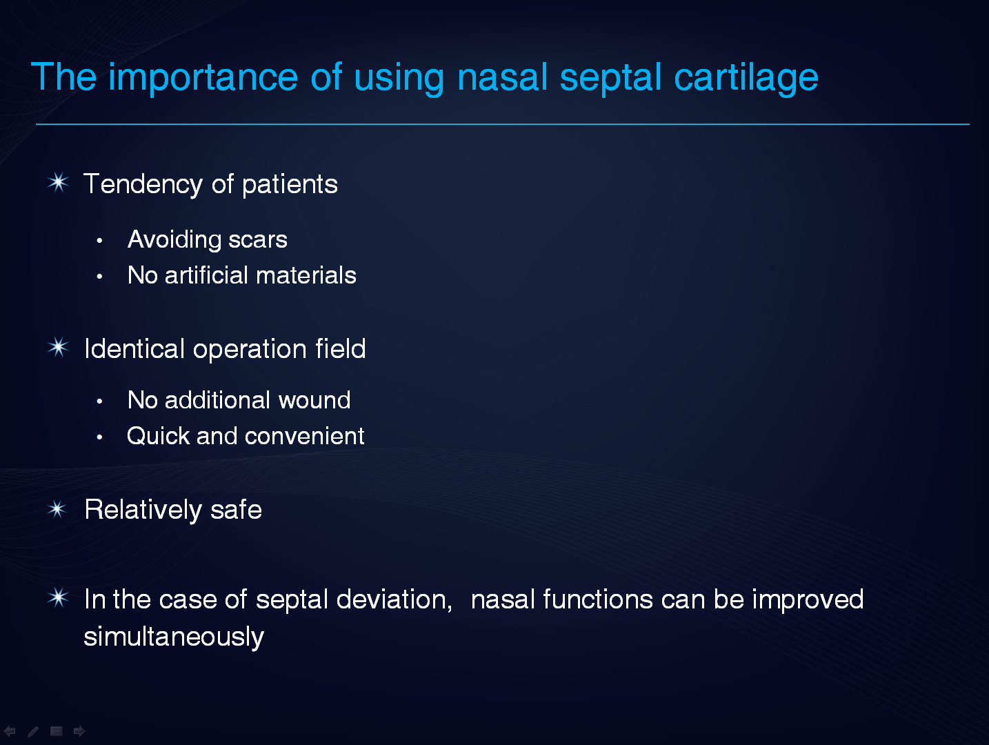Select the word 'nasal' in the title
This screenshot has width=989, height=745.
(x=502, y=77)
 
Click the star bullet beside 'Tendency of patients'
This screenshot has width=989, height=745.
(x=58, y=183)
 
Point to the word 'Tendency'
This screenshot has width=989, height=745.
(x=143, y=185)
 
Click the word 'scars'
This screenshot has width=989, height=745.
(x=258, y=240)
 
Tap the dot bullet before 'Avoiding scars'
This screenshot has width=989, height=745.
(x=99, y=241)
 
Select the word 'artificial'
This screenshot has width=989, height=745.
(x=206, y=275)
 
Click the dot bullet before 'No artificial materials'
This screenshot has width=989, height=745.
(x=99, y=277)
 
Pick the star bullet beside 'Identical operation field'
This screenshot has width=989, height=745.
(x=58, y=348)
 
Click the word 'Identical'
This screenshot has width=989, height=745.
(x=134, y=349)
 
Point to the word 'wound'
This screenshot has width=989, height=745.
(x=314, y=400)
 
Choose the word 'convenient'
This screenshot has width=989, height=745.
(x=305, y=437)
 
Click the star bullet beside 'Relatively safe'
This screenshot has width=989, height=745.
(x=57, y=510)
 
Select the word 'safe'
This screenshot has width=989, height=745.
(x=236, y=510)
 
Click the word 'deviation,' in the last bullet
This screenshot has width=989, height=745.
(x=394, y=600)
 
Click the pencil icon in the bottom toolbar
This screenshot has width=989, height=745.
(x=33, y=731)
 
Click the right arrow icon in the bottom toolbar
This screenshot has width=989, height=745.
(x=79, y=731)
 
